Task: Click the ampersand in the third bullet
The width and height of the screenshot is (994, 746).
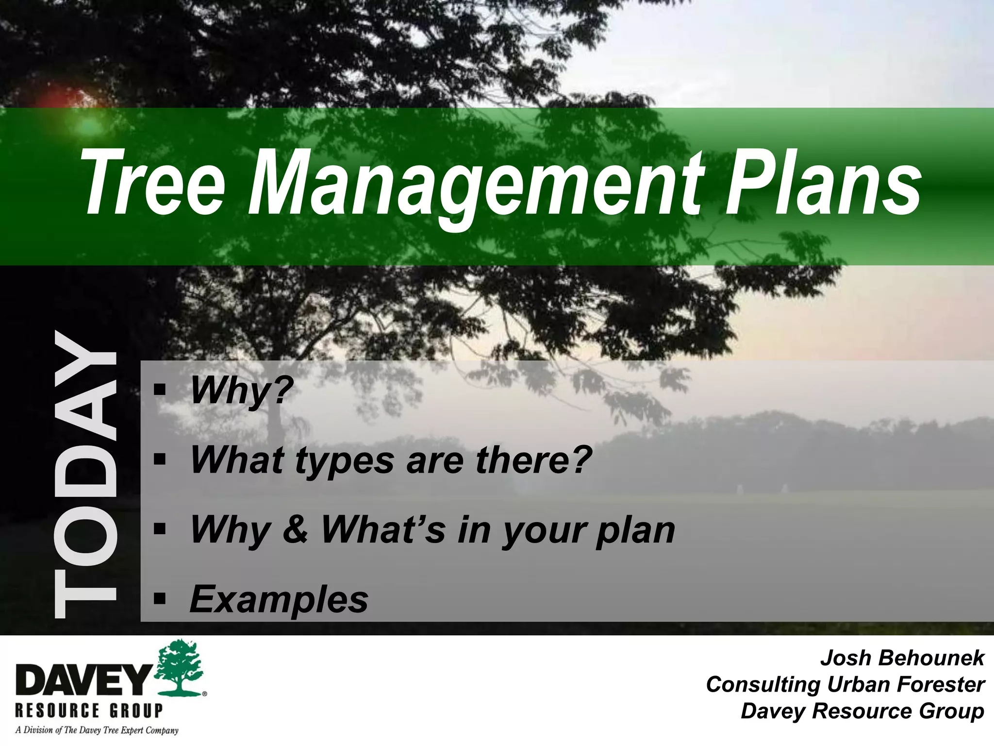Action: pos(295,529)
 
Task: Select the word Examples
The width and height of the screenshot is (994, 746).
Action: pos(279,599)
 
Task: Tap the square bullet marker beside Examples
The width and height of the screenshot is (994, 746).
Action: pos(159,599)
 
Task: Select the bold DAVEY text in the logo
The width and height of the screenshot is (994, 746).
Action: pos(83,680)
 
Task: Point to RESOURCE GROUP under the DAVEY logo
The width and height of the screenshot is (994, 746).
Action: pos(89,711)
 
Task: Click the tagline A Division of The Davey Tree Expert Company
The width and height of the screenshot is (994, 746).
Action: pos(97,730)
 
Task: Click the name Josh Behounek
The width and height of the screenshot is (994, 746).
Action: pos(902,658)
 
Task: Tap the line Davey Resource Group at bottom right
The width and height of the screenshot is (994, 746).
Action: pos(862,711)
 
